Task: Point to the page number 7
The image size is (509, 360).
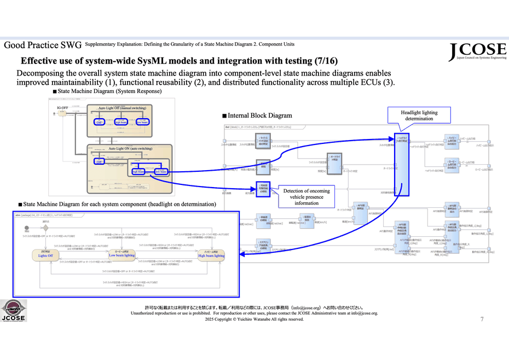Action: [x=482, y=319]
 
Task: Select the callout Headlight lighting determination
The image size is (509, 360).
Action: [x=419, y=115]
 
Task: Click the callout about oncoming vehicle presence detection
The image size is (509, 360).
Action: [x=308, y=197]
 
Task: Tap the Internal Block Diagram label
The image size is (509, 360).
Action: [x=259, y=115]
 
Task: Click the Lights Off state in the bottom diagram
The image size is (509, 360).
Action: [x=45, y=254]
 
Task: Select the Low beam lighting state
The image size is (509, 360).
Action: [x=122, y=254]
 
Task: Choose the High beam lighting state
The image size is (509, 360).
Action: [x=211, y=254]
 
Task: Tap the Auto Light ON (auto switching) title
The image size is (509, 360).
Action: [x=130, y=148]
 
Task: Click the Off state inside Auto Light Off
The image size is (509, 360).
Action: [x=100, y=122]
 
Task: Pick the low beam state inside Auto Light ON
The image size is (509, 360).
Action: [x=161, y=171]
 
